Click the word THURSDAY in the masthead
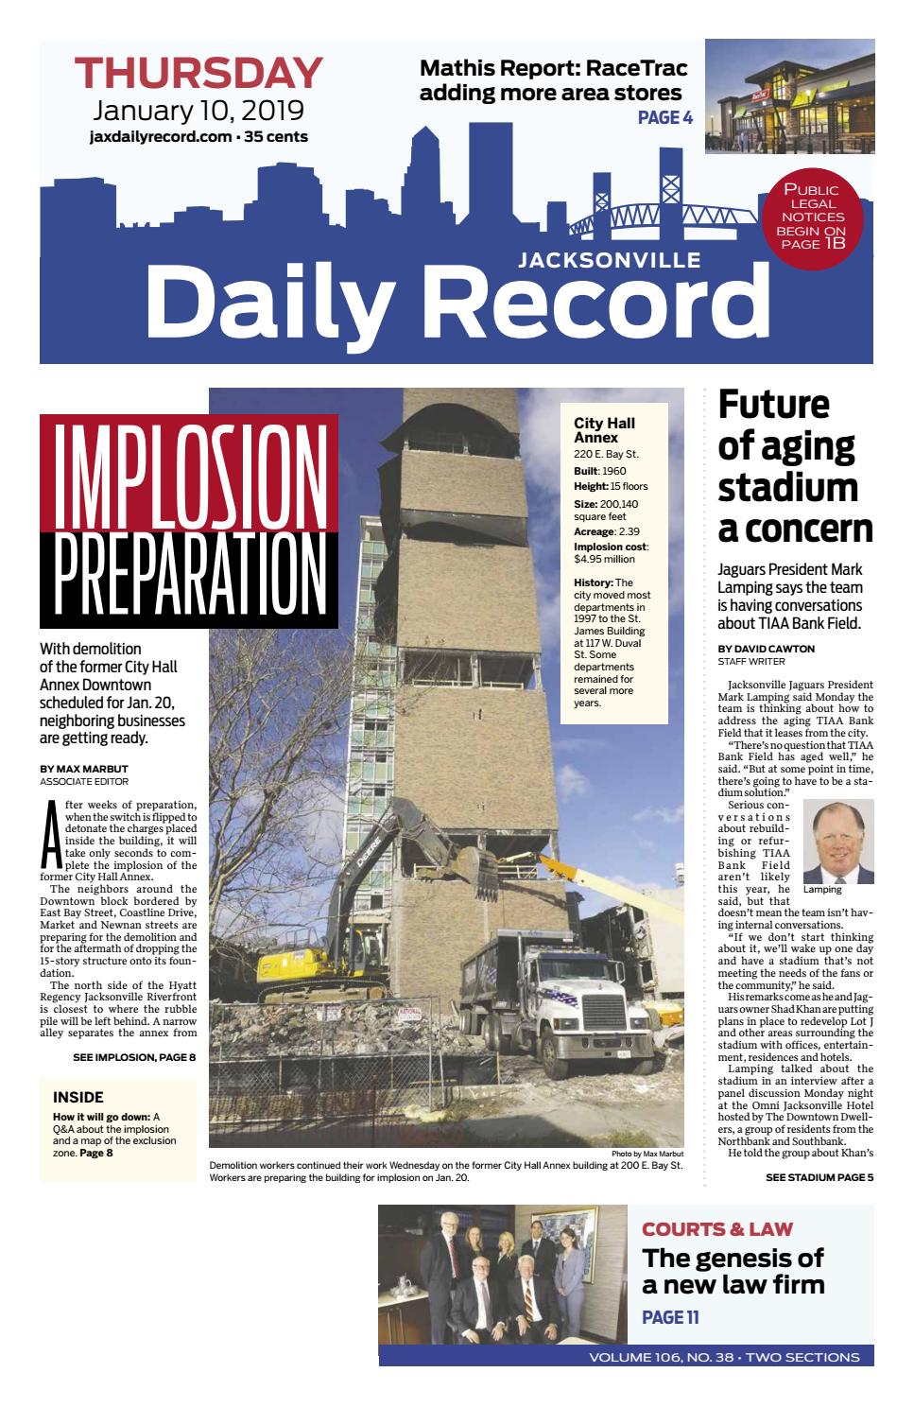point(198,74)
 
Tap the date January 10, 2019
point(198,111)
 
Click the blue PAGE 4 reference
point(665,117)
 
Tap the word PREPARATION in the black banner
point(189,579)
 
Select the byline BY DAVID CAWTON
point(766,649)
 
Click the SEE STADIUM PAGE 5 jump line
point(819,1177)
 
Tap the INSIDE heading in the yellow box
point(78,1098)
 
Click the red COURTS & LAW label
point(717,1229)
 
